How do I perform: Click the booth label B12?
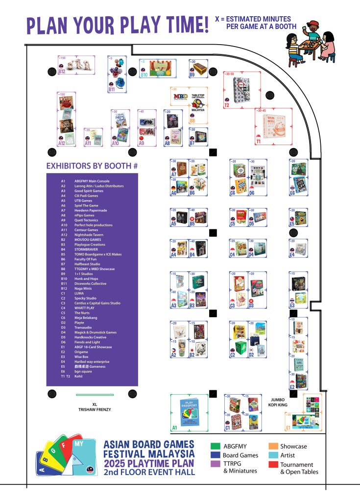[62, 71]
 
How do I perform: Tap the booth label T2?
[227, 104]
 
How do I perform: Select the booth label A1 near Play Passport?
[174, 428]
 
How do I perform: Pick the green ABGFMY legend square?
[214, 446]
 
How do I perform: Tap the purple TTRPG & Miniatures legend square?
[214, 464]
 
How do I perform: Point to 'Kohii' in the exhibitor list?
[78, 376]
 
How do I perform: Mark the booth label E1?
[288, 427]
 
